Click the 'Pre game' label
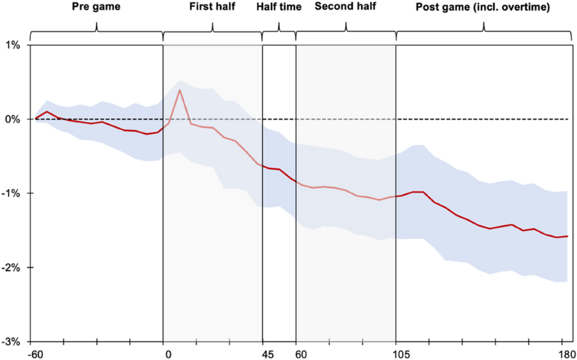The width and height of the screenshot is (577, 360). [x=96, y=7]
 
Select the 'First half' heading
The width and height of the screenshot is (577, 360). [x=213, y=7]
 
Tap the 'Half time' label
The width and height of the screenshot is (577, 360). [x=279, y=7]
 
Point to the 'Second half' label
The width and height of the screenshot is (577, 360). [x=345, y=7]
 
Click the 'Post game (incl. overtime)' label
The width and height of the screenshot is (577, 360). [x=483, y=7]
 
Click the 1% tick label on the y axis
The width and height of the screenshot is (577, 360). [x=12, y=45]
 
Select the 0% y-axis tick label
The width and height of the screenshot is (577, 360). [x=12, y=119]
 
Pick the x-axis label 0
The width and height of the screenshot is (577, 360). [x=167, y=355]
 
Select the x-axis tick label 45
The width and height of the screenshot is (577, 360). [x=268, y=355]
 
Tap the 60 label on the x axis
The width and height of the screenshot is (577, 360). [x=301, y=355]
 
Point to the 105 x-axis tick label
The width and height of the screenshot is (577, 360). [x=402, y=355]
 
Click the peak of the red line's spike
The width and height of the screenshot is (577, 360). [x=179, y=90]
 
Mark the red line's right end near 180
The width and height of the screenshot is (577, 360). [x=568, y=236]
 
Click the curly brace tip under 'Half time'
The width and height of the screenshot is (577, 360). [x=279, y=24]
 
